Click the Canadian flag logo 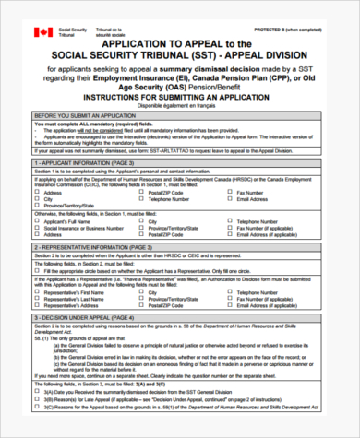tap(43, 32)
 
